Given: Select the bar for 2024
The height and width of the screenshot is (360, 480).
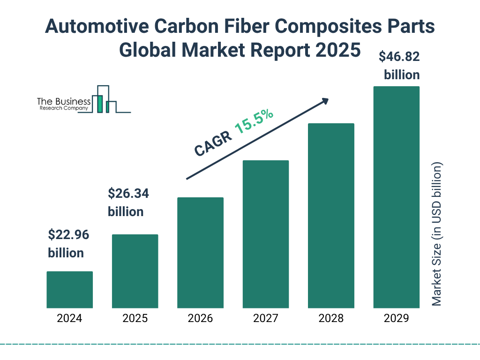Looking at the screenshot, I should [69, 290].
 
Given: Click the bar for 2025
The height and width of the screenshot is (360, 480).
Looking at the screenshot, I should [135, 271].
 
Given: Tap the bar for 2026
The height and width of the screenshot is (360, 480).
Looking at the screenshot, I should [200, 253].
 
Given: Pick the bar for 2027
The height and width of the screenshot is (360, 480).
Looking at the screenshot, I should [266, 234].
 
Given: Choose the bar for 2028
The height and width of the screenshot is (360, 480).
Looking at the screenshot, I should [331, 216].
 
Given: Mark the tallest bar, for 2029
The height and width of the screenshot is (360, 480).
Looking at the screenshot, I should [396, 197].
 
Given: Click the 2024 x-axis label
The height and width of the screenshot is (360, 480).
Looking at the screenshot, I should [69, 319].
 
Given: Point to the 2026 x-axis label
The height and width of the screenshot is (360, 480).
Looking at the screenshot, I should [200, 319].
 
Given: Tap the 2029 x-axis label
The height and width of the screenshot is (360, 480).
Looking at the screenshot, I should [396, 319].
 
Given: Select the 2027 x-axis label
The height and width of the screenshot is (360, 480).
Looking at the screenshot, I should [266, 319].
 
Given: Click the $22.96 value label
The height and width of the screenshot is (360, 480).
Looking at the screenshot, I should [68, 234].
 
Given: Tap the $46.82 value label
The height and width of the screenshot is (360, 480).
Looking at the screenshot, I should [399, 57].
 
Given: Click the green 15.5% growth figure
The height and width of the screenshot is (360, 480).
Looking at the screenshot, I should [254, 122].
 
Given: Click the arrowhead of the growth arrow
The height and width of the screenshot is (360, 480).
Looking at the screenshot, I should [324, 100].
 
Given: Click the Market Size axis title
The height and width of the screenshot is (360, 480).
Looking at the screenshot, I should [437, 234].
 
